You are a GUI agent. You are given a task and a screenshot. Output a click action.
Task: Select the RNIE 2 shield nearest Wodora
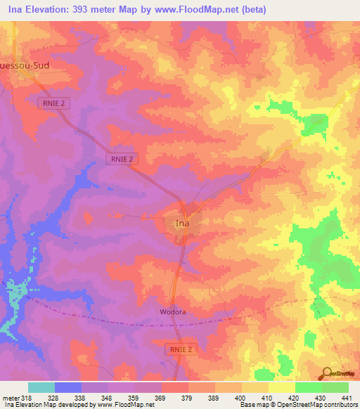pyautogui.click(x=181, y=349)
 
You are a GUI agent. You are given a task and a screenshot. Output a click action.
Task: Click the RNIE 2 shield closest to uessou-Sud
pyautogui.click(x=53, y=103)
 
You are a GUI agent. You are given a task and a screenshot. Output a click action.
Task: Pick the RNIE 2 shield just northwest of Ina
pyautogui.click(x=124, y=160)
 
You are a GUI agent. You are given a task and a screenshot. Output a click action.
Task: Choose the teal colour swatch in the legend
pyautogui.click(x=41, y=387)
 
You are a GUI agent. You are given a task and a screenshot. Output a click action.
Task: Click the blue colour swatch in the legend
pyautogui.click(x=68, y=387)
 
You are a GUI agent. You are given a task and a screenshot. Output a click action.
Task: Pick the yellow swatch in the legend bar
pyautogui.click(x=282, y=387)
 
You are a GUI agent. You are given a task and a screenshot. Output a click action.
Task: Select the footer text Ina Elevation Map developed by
pyautogui.click(x=49, y=405)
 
